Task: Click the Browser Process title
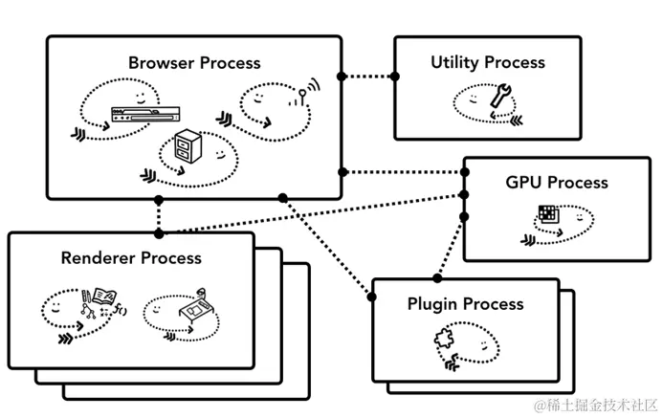pyautogui.click(x=194, y=63)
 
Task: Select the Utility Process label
pyautogui.click(x=487, y=62)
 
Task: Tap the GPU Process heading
pyautogui.click(x=557, y=182)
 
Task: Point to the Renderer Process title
pyautogui.click(x=131, y=257)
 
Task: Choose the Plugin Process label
pyautogui.click(x=465, y=304)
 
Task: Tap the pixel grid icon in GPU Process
pyautogui.click(x=547, y=214)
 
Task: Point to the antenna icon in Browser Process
pyautogui.click(x=306, y=94)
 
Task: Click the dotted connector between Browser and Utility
pyautogui.click(x=367, y=77)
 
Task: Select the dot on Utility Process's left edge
pyautogui.click(x=394, y=77)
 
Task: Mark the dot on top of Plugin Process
pyautogui.click(x=438, y=278)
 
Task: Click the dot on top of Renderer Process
pyautogui.click(x=159, y=232)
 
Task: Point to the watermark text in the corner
pyautogui.click(x=593, y=407)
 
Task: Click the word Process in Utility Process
pyautogui.click(x=516, y=62)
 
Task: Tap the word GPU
pyautogui.click(x=524, y=182)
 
